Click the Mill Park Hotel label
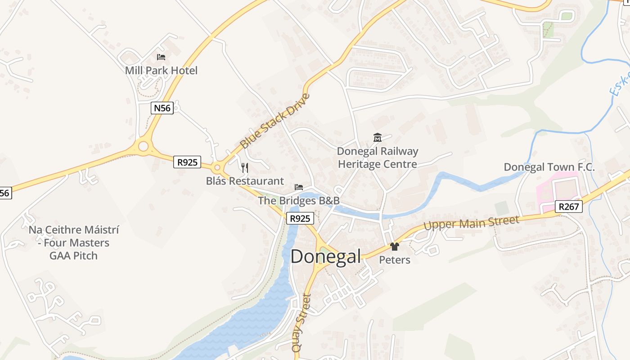161,71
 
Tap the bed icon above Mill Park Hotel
161,57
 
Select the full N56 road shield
162,108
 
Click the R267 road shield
569,207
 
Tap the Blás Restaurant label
245,181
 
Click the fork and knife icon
245,168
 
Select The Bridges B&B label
298,201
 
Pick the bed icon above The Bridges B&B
298,187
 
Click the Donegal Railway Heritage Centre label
378,157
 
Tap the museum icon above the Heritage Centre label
378,138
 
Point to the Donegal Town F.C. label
549,167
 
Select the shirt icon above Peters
395,247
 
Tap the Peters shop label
395,260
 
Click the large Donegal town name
325,256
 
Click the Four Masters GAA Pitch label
74,243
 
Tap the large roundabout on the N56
144,146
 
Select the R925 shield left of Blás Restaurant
187,162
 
